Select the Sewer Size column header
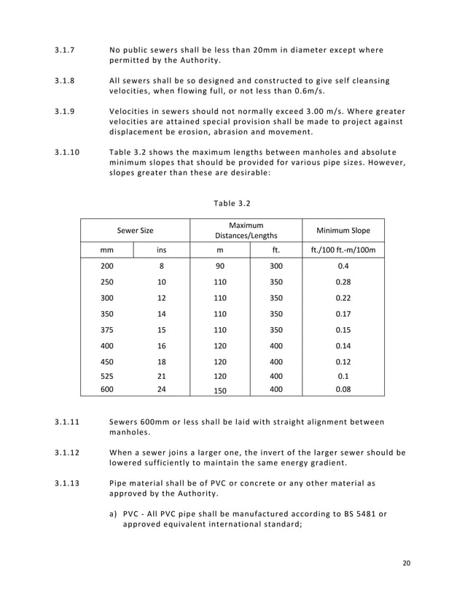click(136, 231)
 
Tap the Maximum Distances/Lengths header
click(246, 231)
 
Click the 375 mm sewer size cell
click(107, 329)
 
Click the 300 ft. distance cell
click(276, 266)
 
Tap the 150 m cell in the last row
click(219, 391)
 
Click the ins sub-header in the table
click(161, 250)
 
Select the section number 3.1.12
click(69, 452)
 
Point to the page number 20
click(407, 563)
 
